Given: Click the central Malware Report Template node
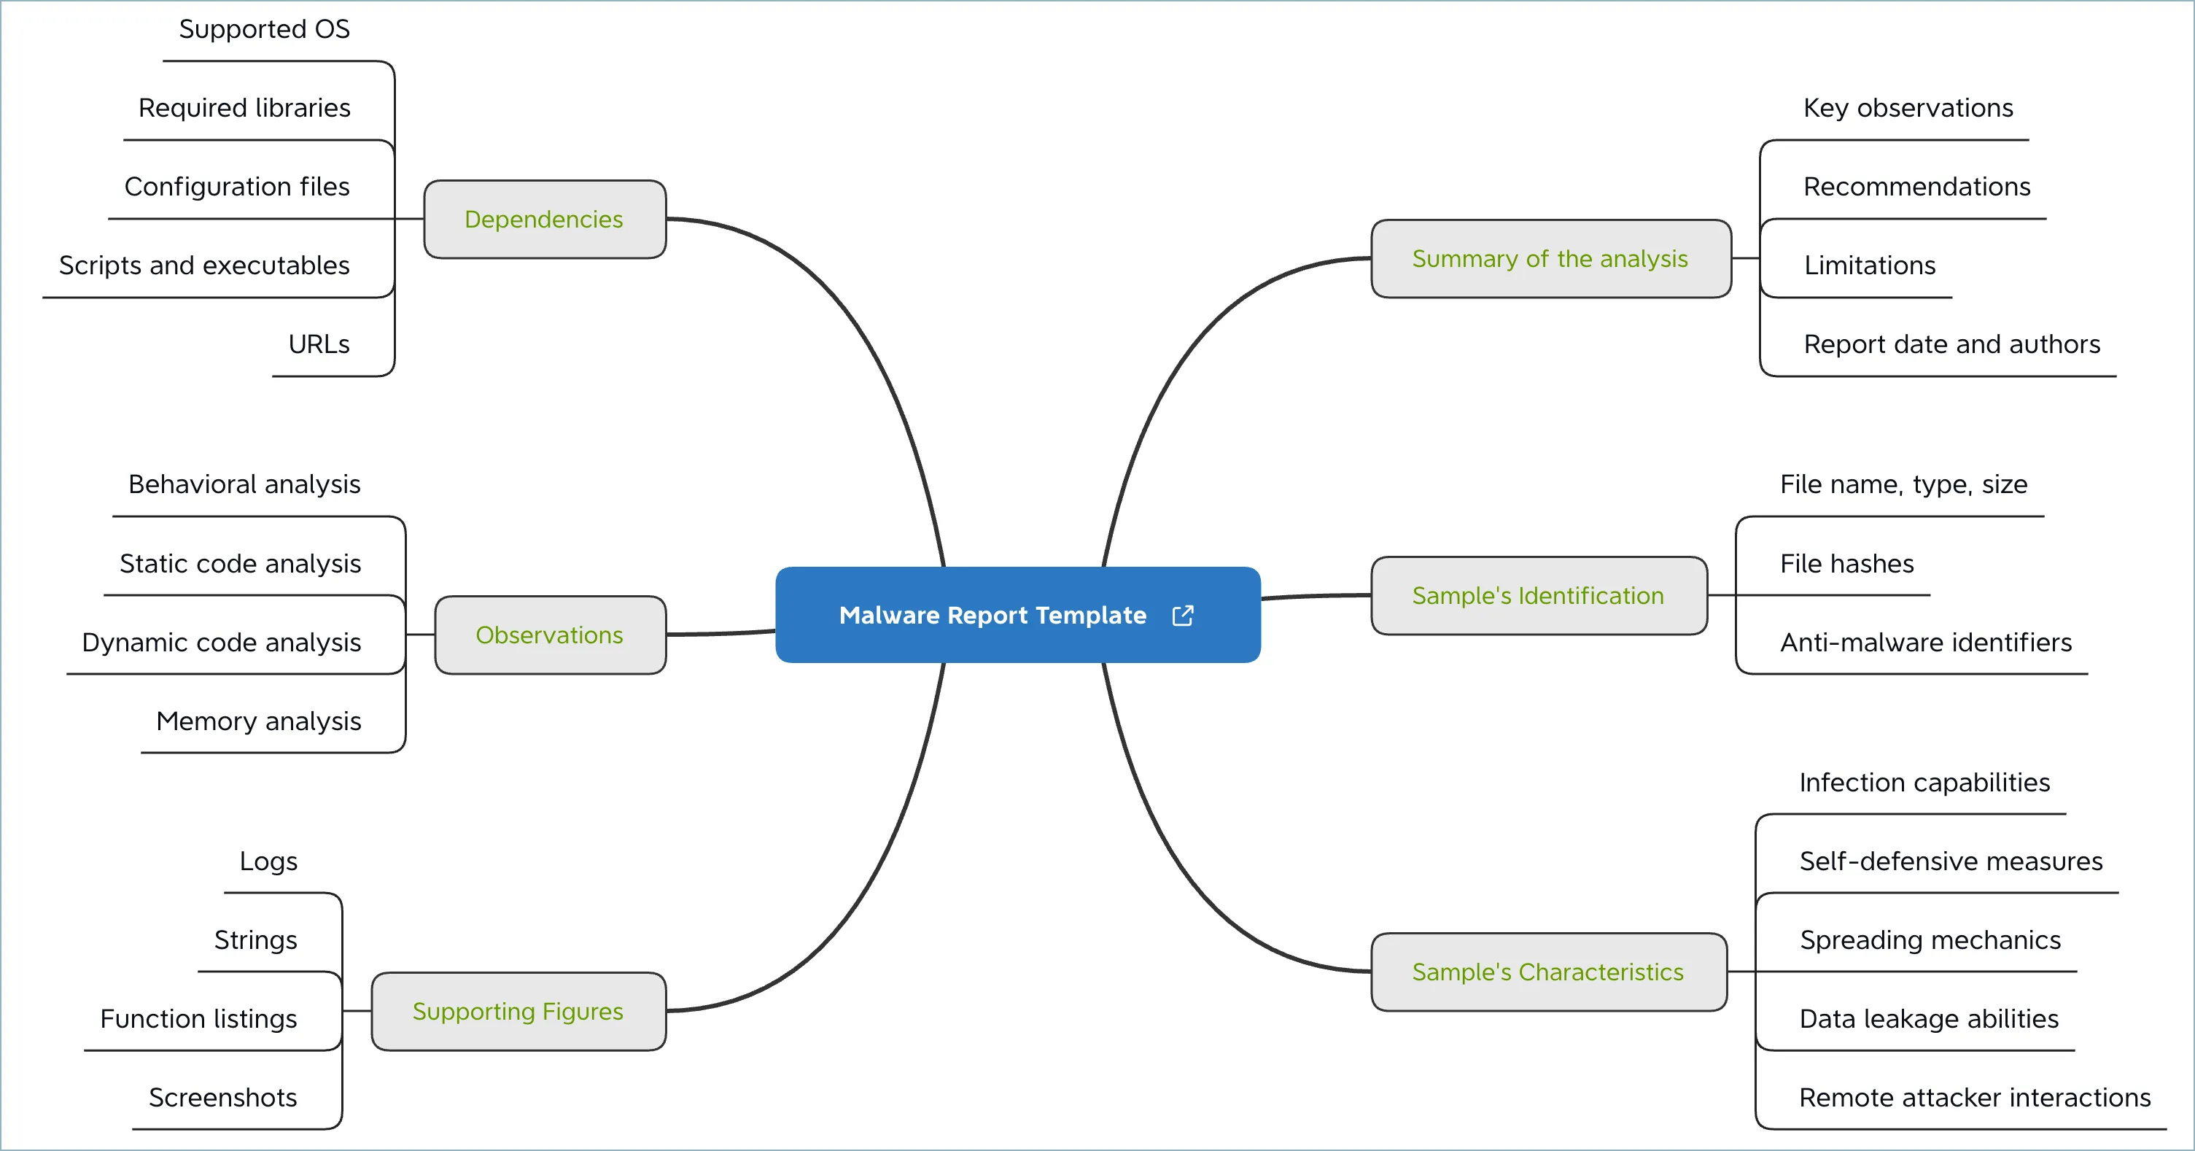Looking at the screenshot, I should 992,615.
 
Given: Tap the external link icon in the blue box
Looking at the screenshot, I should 1183,616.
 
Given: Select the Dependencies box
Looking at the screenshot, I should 545,219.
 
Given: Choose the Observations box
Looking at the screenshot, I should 550,635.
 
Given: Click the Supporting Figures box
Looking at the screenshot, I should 518,1011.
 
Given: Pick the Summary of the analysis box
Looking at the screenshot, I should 1550,258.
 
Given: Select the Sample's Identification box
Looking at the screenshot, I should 1538,595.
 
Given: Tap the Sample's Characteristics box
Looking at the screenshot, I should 1547,972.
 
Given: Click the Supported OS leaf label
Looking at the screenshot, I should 264,29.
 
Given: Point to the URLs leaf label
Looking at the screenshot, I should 319,344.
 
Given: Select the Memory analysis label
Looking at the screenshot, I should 259,721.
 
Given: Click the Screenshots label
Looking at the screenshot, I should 222,1097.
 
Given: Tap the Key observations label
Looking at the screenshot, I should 1908,108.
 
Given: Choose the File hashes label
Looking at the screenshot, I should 1846,564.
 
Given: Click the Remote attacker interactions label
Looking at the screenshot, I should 1974,1097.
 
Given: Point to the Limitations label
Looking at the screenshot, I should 1870,266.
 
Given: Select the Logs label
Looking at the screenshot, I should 268,861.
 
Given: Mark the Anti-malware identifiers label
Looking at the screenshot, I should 1926,642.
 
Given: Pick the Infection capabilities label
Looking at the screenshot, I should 1924,783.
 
